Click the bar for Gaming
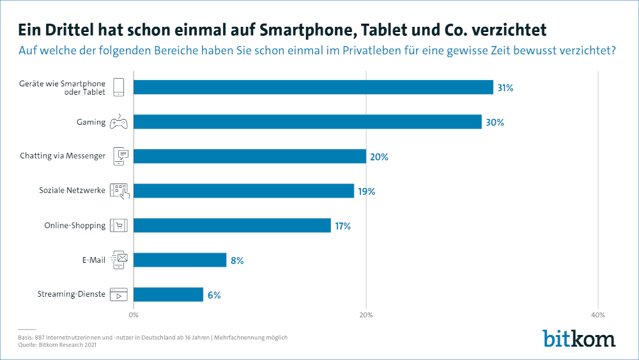tap(307, 121)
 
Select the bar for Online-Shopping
tap(232, 225)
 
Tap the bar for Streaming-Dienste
tap(168, 294)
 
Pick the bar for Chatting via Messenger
tap(249, 156)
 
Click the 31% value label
tap(505, 88)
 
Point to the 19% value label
tap(366, 191)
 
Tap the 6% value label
tap(214, 295)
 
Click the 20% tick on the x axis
tap(366, 315)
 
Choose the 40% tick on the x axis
tap(597, 315)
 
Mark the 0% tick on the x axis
tap(134, 315)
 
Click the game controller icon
tap(119, 121)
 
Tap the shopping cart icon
tap(119, 225)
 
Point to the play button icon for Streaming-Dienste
tap(119, 295)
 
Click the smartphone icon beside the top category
tap(119, 87)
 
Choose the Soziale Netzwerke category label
tap(72, 191)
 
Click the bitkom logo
tap(579, 338)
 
